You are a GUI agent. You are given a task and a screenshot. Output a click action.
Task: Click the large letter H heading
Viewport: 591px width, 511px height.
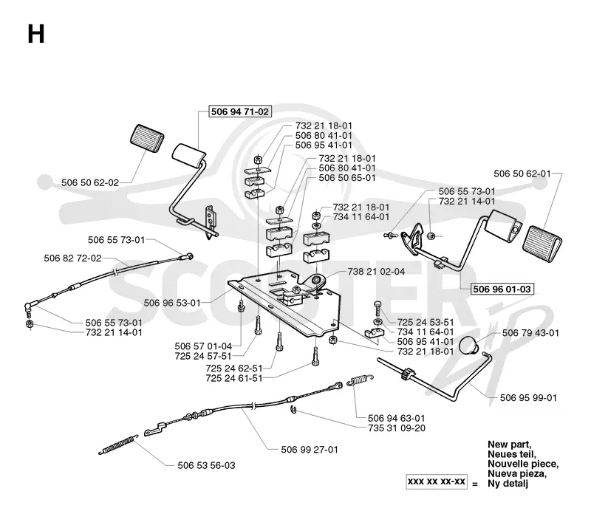click(x=36, y=34)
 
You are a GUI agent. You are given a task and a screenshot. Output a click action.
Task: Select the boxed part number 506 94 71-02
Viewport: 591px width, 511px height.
click(x=240, y=112)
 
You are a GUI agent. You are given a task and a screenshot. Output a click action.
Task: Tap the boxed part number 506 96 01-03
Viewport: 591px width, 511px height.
click(x=502, y=289)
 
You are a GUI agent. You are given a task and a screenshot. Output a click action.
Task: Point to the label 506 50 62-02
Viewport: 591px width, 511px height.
click(x=90, y=183)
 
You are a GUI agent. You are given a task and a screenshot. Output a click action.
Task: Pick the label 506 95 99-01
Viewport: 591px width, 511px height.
click(x=528, y=397)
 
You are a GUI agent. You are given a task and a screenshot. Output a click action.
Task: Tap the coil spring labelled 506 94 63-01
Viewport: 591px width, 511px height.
click(x=361, y=380)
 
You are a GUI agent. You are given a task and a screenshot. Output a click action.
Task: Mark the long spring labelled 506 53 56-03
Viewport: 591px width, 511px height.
click(x=118, y=445)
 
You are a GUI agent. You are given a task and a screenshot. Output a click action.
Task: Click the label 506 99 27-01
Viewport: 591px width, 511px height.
click(x=310, y=450)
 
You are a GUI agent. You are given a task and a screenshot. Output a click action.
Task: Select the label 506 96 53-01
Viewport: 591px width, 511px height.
click(x=172, y=303)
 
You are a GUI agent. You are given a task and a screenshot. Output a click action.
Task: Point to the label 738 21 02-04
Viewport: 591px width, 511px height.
click(x=376, y=271)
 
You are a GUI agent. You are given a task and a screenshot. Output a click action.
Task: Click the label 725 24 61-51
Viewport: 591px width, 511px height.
click(x=234, y=378)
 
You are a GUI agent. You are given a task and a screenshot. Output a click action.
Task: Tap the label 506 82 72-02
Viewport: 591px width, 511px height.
click(x=72, y=258)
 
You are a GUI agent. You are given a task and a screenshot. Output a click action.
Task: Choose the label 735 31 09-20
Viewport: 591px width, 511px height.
click(x=397, y=428)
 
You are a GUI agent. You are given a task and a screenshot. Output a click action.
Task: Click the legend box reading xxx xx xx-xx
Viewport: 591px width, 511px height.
click(x=437, y=481)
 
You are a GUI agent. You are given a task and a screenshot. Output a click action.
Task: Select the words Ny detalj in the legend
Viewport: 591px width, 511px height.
click(x=508, y=484)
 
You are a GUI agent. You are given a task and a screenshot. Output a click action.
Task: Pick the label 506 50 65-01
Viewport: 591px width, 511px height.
click(x=347, y=178)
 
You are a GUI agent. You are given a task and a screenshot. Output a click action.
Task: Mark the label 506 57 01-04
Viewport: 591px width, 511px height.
click(x=203, y=346)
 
